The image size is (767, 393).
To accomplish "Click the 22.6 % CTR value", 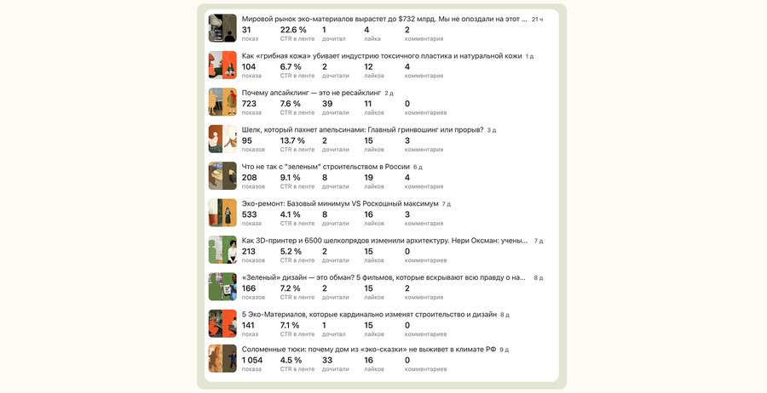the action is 293,30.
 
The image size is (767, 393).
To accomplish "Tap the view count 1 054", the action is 252,361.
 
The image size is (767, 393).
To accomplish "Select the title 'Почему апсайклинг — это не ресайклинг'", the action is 311,93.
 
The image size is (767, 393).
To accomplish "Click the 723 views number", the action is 249,104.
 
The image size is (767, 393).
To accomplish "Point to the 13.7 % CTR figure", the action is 292,140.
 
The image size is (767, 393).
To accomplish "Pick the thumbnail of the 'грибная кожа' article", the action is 222,65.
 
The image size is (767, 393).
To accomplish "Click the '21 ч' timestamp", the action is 537,20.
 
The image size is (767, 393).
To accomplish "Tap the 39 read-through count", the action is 327,104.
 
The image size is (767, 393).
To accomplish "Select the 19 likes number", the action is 368,178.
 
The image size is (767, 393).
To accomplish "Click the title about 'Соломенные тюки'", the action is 369,350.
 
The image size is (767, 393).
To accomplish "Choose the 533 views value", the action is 249,214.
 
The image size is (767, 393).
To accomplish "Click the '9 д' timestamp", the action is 504,350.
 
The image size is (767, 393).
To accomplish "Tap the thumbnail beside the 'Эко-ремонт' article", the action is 222,213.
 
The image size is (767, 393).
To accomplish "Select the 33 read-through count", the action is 327,361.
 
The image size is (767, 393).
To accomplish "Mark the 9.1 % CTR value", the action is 290,178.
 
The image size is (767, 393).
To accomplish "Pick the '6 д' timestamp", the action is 418,167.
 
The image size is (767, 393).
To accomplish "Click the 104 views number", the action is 249,67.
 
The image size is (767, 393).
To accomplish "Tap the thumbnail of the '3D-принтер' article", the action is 222,249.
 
